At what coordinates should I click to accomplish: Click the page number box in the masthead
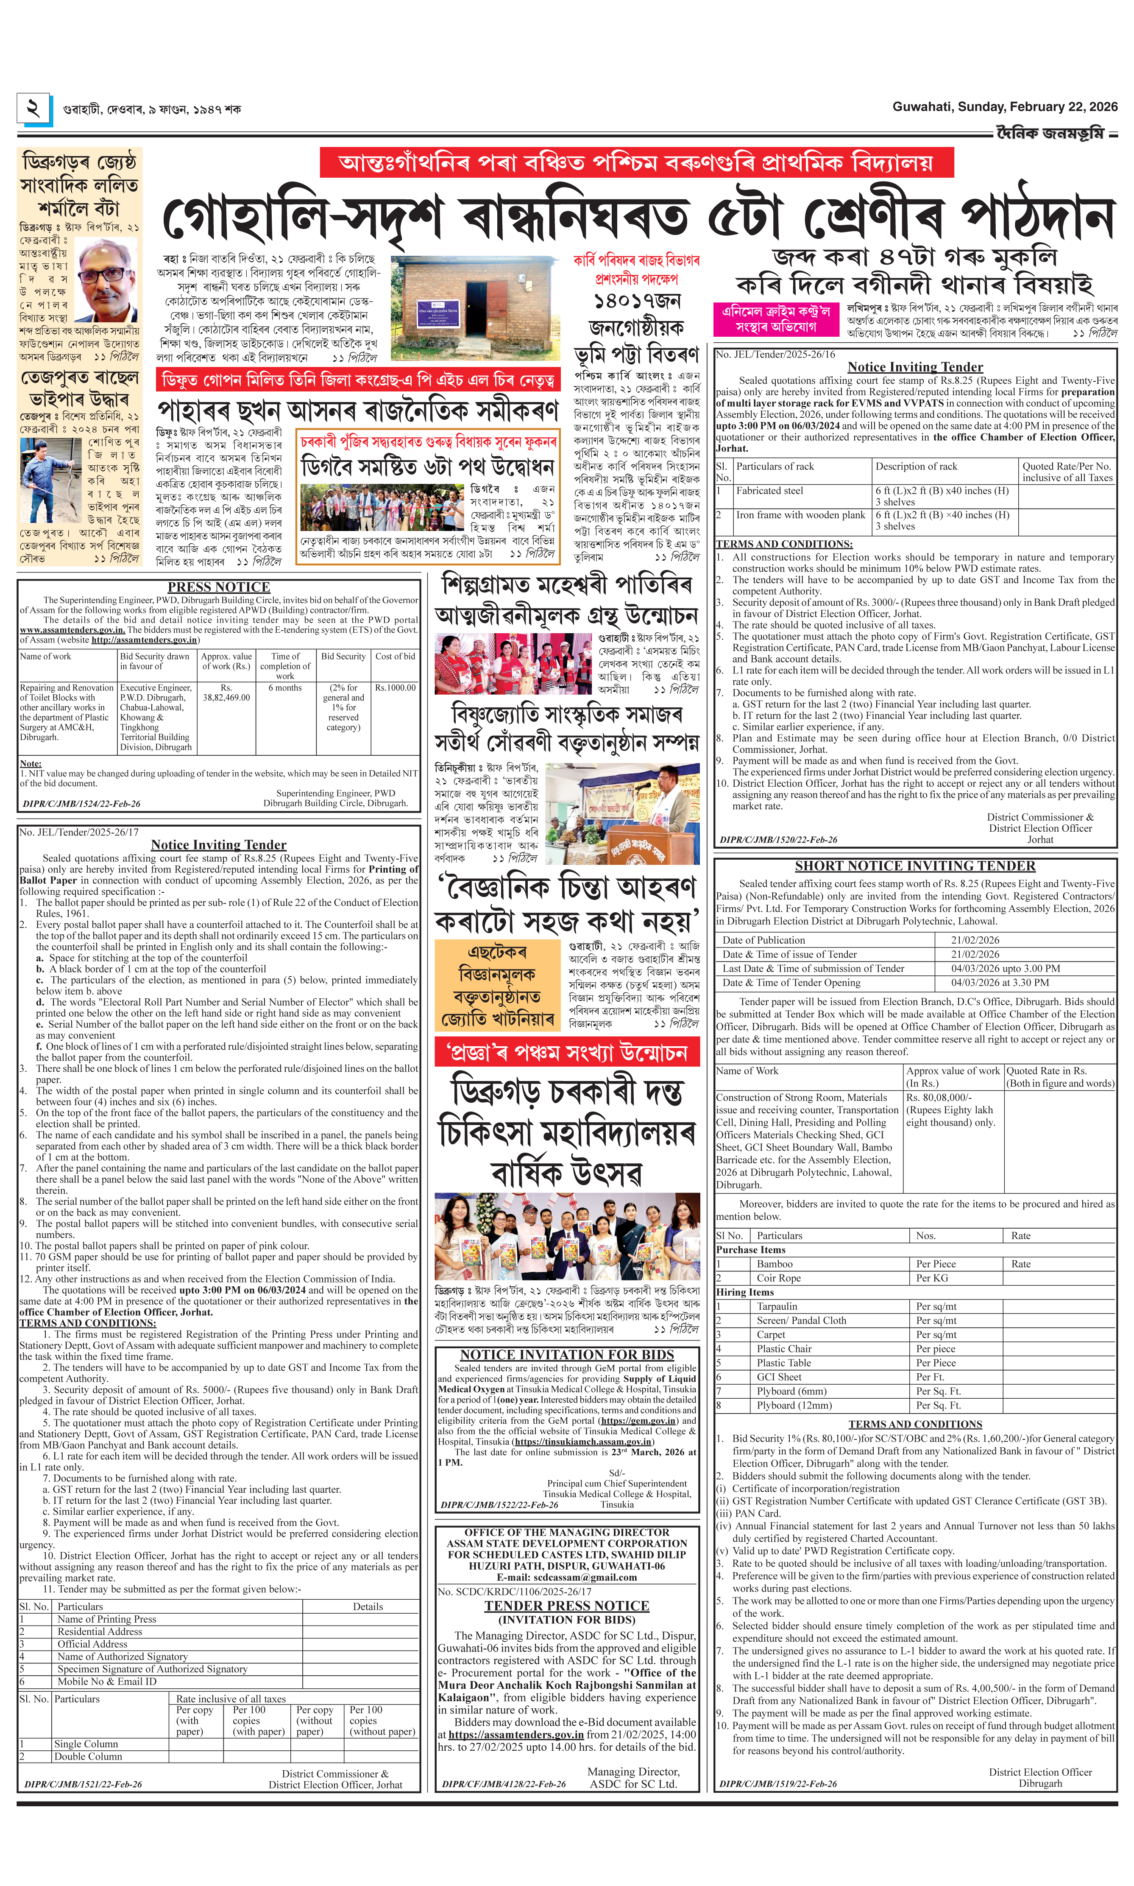point(33,109)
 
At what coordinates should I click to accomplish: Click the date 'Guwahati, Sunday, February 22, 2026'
point(1004,107)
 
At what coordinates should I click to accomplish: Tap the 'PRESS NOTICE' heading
point(219,587)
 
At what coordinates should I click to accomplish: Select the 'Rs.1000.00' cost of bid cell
point(395,688)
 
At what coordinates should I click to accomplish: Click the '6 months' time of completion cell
point(285,688)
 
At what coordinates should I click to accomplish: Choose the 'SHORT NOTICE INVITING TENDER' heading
point(915,866)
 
